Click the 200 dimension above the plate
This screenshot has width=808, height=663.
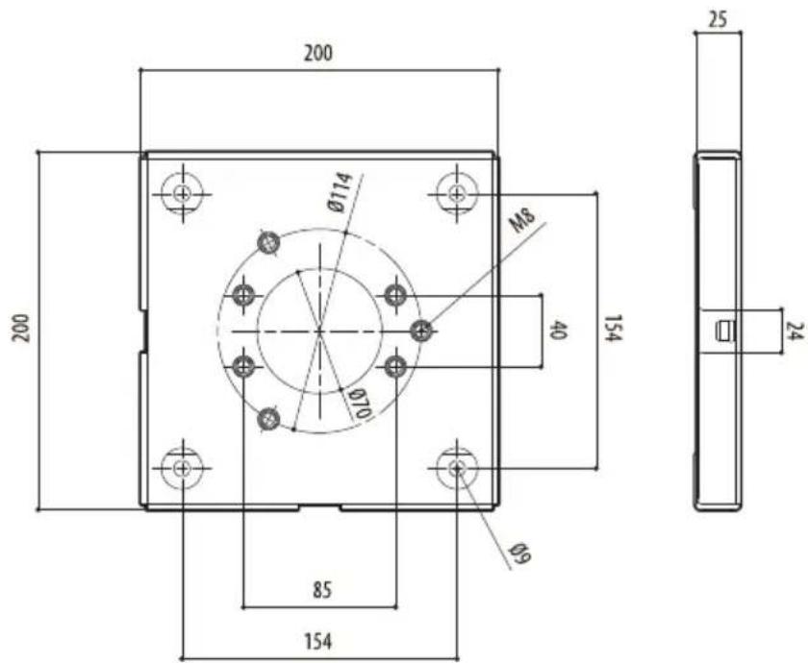318,53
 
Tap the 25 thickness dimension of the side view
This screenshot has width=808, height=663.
718,19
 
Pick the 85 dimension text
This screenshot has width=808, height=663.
322,590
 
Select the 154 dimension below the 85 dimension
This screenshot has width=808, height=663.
318,642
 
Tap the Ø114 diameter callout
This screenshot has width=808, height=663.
341,192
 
